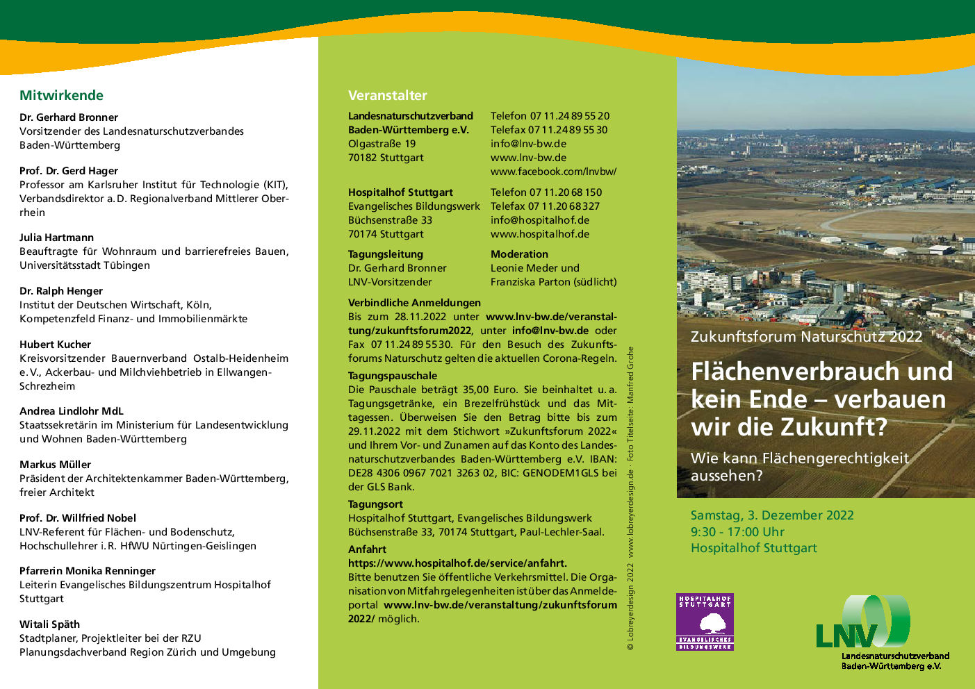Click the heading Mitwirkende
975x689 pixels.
pos(61,96)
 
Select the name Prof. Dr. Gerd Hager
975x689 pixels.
pos(69,171)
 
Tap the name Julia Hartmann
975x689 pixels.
pos(56,238)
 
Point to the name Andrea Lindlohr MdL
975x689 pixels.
pos(71,411)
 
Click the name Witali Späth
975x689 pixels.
pos(49,624)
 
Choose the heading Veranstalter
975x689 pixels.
pos(387,96)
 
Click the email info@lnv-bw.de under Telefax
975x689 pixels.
pos(528,144)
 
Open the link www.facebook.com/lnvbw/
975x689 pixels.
pos(553,172)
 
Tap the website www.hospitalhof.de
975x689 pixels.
pos(539,234)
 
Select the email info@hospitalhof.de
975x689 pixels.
pos(539,220)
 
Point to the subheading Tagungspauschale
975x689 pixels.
pos(393,376)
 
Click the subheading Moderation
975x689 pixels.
pos(519,254)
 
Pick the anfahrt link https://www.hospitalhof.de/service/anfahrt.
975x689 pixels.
pos(457,563)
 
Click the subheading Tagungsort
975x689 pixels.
pos(375,504)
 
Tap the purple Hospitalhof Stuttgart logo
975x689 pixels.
pos(705,622)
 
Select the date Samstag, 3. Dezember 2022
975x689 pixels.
pos(771,515)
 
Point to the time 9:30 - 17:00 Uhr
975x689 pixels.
pos(737,532)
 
